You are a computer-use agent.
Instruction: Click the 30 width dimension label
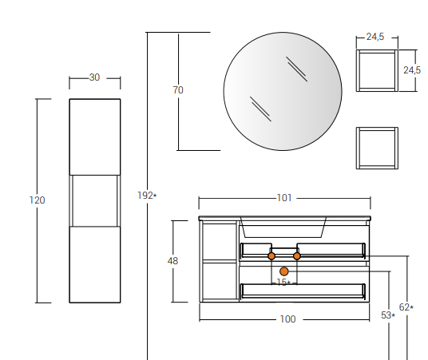coord(94,77)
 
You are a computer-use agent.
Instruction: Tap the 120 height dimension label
coord(37,200)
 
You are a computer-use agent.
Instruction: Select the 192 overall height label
coord(147,196)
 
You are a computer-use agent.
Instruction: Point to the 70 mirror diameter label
coord(178,89)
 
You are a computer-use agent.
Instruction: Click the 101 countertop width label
coord(284,198)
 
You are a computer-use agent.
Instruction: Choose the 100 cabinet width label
coord(288,319)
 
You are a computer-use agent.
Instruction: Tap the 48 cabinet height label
coord(172,261)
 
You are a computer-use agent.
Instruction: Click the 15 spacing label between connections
coord(283,282)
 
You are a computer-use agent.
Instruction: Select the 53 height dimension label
coord(388,315)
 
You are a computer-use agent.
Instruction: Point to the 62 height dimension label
coord(406,307)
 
